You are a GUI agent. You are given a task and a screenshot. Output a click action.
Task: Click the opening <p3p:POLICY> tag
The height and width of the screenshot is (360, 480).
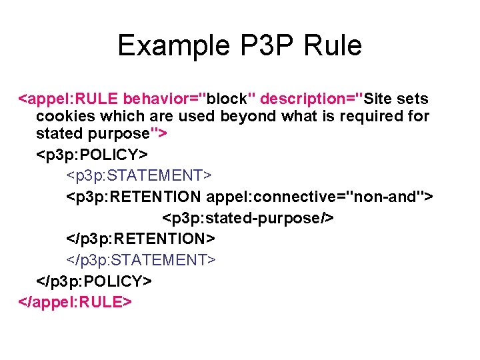point(89,155)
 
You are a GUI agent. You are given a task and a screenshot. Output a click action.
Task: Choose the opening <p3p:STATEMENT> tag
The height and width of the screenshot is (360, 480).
point(139,176)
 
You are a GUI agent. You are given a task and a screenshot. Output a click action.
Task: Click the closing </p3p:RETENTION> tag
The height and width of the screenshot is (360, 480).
point(141,239)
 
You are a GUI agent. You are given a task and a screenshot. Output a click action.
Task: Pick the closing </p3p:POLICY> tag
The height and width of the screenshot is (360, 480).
point(94,281)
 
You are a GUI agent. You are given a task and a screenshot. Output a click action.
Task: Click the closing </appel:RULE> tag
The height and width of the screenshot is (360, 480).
point(74,301)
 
